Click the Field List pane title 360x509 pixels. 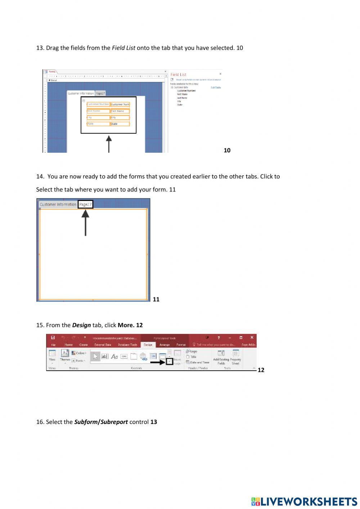(179, 75)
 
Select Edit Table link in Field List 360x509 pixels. (216, 88)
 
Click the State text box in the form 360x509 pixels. (120, 124)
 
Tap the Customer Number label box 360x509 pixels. (98, 104)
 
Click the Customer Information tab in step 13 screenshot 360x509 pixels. (81, 93)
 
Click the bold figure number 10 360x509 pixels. (227, 150)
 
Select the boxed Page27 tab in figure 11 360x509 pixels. (85, 204)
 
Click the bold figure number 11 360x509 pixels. (156, 299)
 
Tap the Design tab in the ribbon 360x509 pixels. (148, 345)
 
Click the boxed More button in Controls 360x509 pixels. (169, 361)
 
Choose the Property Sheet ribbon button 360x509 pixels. (235, 357)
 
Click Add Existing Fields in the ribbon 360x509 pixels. (221, 357)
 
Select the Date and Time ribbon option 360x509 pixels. (198, 362)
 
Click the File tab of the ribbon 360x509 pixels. (53, 345)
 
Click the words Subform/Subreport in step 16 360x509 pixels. (101, 422)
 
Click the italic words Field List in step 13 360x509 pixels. (123, 48)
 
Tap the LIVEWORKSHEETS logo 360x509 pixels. (304, 501)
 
